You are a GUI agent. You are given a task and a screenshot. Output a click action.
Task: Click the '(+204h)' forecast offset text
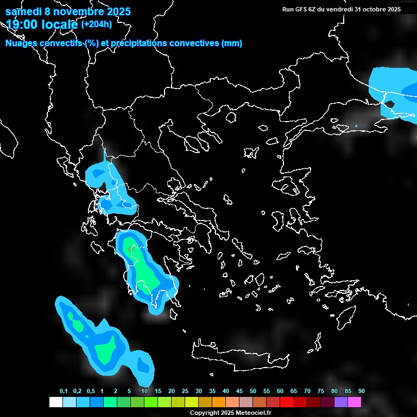96,24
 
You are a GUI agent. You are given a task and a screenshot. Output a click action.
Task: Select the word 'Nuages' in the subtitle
22,43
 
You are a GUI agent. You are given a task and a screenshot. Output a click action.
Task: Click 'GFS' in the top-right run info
301,9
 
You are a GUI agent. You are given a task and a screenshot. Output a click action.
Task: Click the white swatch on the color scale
55,402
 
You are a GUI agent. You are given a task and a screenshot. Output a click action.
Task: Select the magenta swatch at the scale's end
355,402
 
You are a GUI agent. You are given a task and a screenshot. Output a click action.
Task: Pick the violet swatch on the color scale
341,402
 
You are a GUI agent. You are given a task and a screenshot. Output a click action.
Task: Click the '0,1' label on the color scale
64,391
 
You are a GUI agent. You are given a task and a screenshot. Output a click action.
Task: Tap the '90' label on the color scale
362,391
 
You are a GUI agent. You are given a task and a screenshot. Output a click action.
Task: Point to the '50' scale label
253,391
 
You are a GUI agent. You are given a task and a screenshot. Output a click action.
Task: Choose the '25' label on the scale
185,391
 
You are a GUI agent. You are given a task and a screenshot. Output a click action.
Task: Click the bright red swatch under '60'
287,402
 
